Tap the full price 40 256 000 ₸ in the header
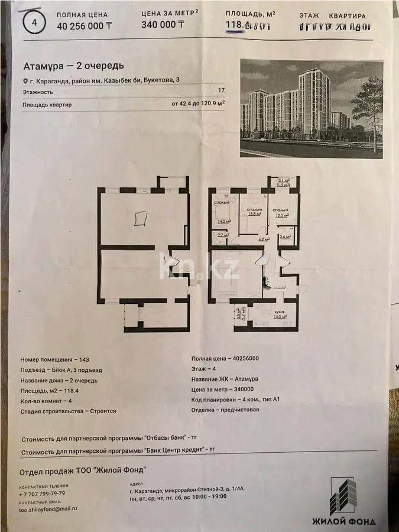click(84, 25)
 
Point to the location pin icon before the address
click(25, 81)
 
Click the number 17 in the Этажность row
click(221, 92)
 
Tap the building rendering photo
click(311, 108)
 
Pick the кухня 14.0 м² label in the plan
click(278, 314)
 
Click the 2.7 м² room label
click(222, 235)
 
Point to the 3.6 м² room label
click(285, 236)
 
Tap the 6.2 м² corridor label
click(263, 239)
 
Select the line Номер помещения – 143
click(54, 359)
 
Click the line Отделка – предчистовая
click(225, 409)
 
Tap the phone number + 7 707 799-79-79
click(43, 492)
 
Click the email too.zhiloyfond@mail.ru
click(48, 508)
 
